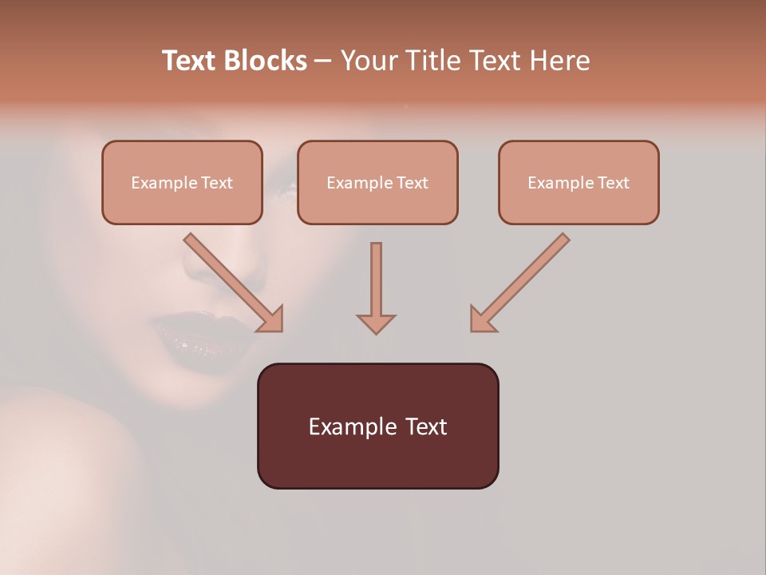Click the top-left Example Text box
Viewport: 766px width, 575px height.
tap(182, 182)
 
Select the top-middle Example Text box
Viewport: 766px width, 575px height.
tap(377, 182)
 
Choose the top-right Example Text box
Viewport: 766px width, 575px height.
tap(578, 182)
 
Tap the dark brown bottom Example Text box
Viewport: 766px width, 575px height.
tap(377, 426)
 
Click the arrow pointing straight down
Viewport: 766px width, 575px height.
tap(376, 287)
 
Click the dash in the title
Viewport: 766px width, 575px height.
tap(323, 61)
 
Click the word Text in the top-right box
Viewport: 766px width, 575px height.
tap(613, 183)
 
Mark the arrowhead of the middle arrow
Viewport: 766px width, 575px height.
tap(376, 323)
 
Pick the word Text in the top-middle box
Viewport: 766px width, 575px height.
tap(412, 183)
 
